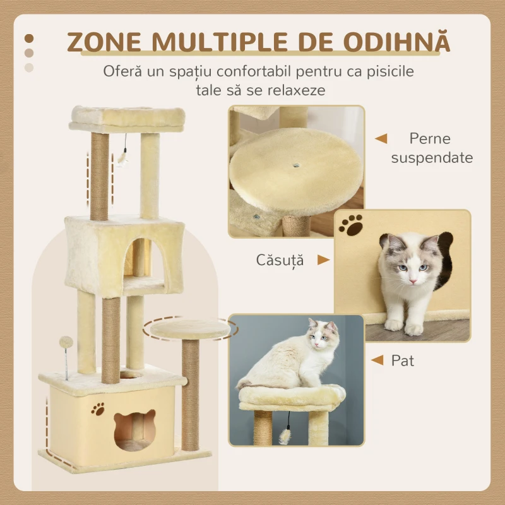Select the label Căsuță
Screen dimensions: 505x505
(x=280, y=259)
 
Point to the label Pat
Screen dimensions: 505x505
(x=402, y=360)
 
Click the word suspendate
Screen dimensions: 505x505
(x=432, y=157)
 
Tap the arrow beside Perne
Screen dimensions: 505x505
(x=381, y=138)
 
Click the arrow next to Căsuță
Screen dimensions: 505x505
(x=323, y=259)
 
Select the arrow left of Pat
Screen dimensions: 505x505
(x=377, y=360)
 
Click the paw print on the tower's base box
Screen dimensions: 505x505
(x=98, y=409)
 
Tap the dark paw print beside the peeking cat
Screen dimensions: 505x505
(x=350, y=225)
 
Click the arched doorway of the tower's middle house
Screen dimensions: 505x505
(x=140, y=259)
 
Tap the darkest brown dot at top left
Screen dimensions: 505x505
(x=28, y=39)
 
